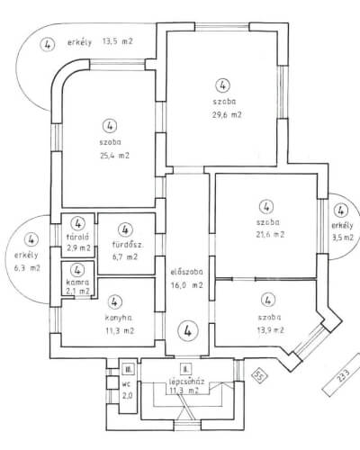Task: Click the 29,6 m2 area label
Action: (x=227, y=114)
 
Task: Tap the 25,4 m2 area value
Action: (x=114, y=156)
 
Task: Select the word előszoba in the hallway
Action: (x=186, y=272)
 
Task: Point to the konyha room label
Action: (x=119, y=318)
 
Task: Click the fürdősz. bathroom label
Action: (x=128, y=244)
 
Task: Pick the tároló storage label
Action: (x=77, y=237)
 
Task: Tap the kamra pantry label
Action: (x=77, y=282)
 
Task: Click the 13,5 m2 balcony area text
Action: (x=117, y=41)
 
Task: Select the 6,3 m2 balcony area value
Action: (x=27, y=268)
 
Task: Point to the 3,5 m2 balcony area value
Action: (x=343, y=238)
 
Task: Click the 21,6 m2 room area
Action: (x=270, y=234)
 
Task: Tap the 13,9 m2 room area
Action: (x=270, y=330)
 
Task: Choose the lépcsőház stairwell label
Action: (x=186, y=382)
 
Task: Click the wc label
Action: (x=127, y=383)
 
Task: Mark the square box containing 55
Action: (x=259, y=375)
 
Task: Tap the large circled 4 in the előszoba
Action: (x=188, y=330)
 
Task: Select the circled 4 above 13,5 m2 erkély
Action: (x=48, y=44)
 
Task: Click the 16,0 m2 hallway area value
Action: (x=186, y=284)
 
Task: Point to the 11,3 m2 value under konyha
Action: (x=120, y=330)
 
